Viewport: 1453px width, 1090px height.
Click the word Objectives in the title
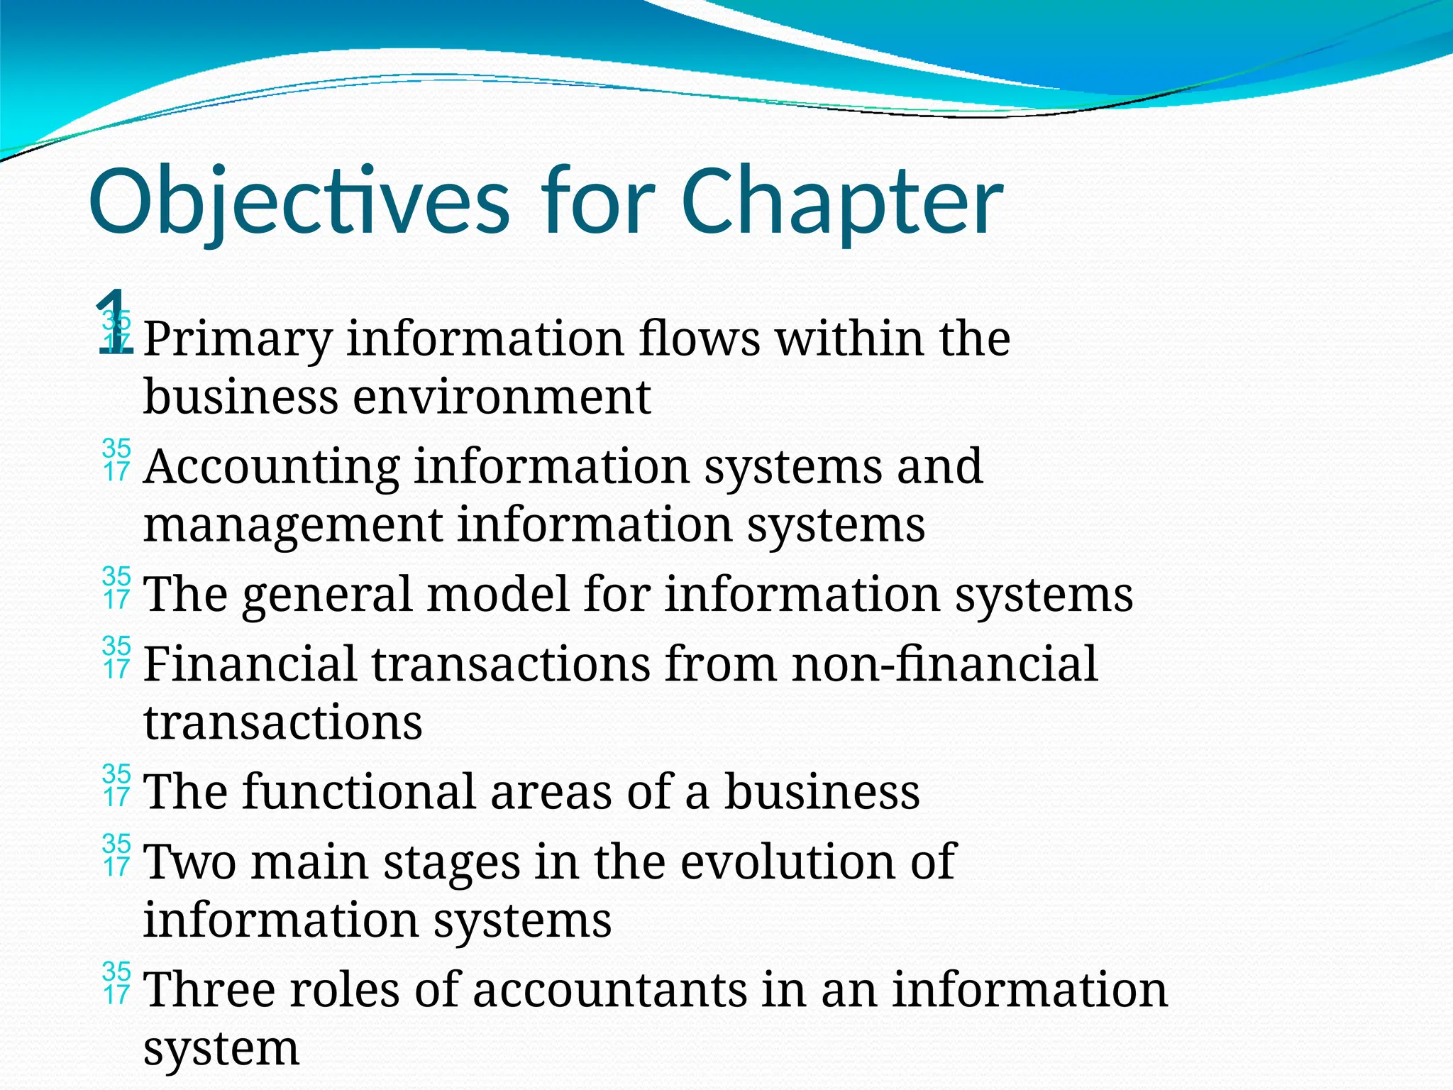click(x=299, y=202)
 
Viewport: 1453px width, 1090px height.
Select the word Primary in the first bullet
click(x=238, y=339)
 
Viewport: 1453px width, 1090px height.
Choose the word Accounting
click(x=272, y=467)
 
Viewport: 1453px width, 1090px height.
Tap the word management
click(x=293, y=525)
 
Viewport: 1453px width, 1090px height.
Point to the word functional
click(x=359, y=791)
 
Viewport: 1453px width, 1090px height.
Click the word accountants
click(x=609, y=989)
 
